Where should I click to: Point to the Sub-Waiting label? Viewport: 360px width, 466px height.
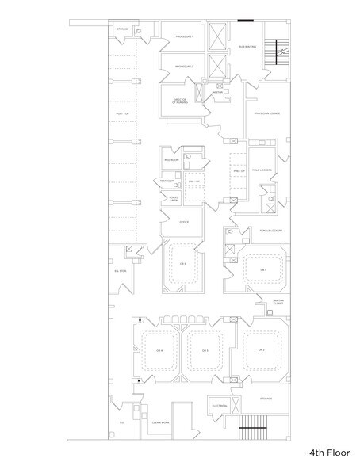click(x=247, y=47)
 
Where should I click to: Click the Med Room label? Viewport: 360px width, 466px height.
click(x=170, y=160)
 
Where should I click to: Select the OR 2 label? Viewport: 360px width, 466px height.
click(x=260, y=349)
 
